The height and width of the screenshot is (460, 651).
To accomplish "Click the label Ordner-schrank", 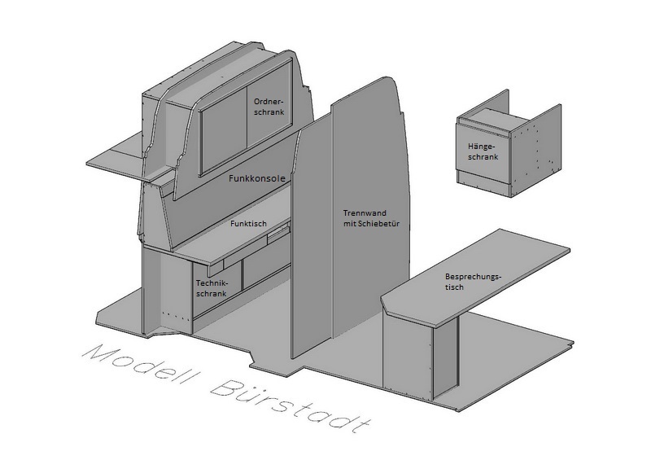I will point(269,107).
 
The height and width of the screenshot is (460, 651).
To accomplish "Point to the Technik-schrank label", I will point(211,289).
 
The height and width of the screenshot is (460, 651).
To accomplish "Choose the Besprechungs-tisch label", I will point(471,282).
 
